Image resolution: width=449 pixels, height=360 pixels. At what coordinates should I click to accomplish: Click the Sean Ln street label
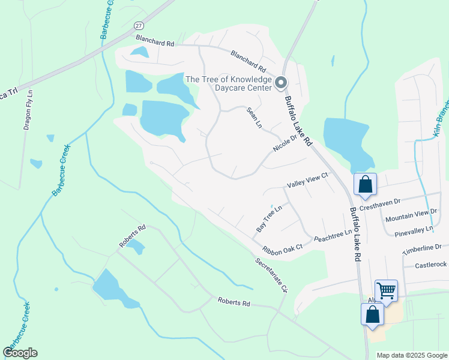255,118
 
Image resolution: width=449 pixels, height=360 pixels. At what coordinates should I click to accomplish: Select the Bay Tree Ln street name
268,218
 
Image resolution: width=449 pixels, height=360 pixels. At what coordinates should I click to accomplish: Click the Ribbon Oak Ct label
281,248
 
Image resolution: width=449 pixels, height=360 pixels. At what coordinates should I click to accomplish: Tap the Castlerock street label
431,265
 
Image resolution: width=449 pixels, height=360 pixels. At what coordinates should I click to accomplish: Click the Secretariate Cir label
271,275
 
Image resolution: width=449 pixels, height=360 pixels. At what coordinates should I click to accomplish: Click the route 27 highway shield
139,25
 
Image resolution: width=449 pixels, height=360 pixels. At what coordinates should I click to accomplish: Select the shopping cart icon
386,291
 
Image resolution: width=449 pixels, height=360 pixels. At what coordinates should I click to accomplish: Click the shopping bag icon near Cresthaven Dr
365,184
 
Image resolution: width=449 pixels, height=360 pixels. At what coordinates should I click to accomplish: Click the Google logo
20,353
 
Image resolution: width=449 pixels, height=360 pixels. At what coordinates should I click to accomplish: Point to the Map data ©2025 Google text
411,355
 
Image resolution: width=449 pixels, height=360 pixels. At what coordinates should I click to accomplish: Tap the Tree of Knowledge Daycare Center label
228,83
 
